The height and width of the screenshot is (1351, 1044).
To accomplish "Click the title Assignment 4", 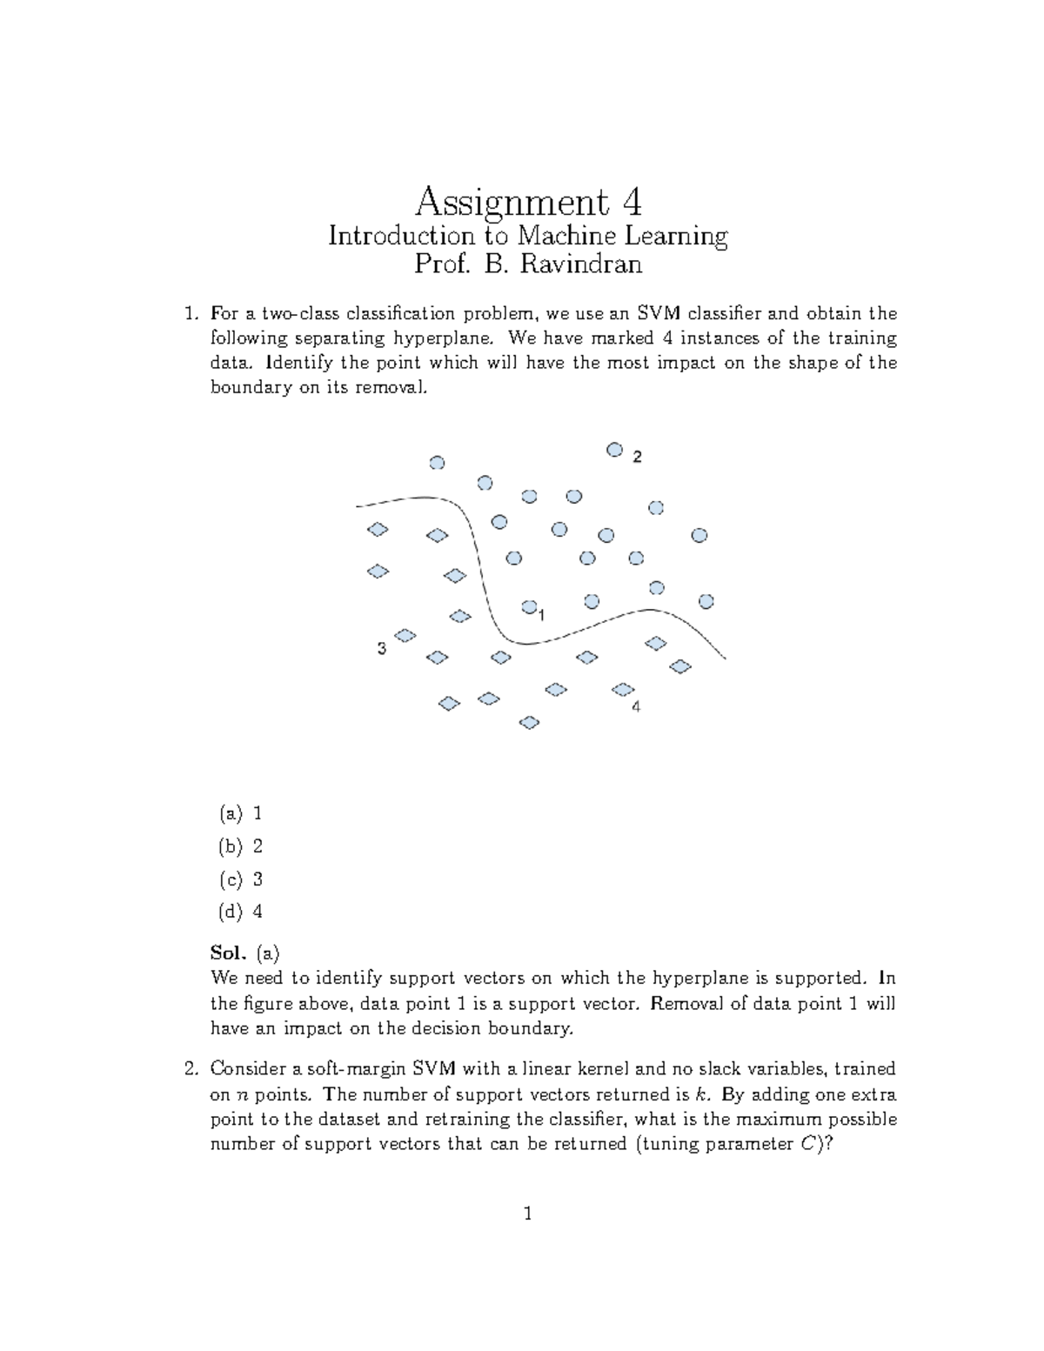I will click(528, 203).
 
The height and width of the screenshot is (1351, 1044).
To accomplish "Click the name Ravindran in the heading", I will click(581, 264).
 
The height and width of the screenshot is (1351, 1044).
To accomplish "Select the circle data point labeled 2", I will click(614, 450).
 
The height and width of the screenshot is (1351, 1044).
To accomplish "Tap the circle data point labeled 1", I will click(528, 606).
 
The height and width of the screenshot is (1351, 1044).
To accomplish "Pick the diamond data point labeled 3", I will click(405, 635).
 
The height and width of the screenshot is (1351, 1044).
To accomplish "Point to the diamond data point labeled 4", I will click(623, 690).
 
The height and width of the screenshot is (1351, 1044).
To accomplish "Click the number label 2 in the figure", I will click(637, 458).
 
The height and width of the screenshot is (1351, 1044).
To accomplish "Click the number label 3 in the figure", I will click(381, 649).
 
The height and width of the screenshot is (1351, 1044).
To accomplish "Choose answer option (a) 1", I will click(241, 813).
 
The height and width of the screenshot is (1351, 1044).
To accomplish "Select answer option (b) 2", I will click(241, 846).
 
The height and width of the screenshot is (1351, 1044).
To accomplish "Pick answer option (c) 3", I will click(241, 879).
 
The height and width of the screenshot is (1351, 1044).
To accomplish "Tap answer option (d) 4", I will click(241, 912).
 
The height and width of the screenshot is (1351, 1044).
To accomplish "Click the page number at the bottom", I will click(527, 1214).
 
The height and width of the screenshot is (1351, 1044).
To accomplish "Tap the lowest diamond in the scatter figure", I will click(529, 722).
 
